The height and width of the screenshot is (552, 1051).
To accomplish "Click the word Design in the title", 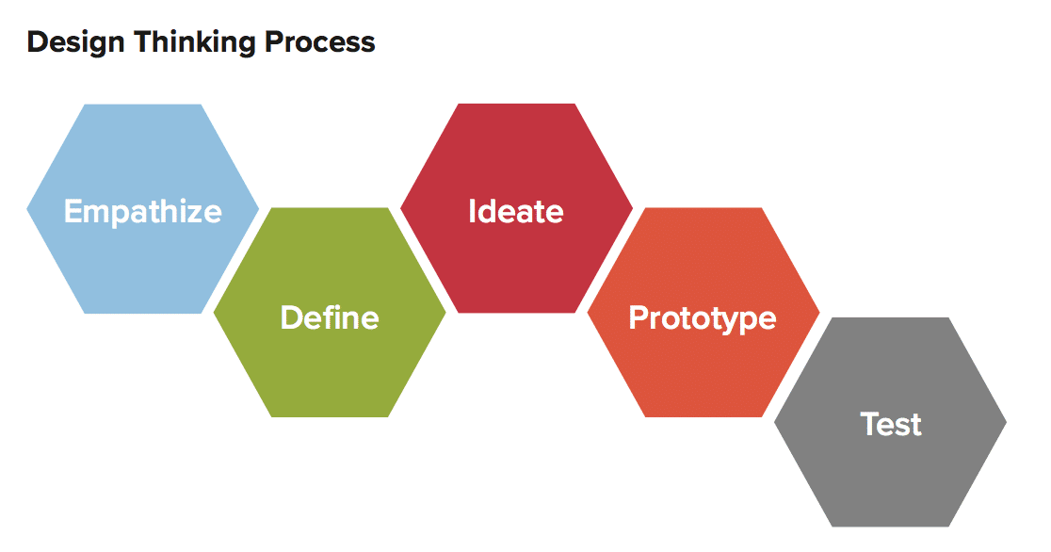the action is (75, 42).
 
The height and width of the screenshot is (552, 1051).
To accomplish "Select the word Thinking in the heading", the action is (194, 42).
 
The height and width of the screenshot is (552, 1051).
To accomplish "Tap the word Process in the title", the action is (319, 41).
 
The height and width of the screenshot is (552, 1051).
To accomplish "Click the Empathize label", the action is (143, 213).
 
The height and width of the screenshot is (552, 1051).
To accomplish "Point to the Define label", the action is (330, 317).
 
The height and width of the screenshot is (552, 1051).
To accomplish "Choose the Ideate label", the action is (516, 211).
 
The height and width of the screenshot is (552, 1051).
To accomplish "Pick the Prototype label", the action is (703, 319).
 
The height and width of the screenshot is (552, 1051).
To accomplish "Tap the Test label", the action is (891, 425).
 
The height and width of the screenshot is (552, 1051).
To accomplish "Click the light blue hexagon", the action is (143, 208).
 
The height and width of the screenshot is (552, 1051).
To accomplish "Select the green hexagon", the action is (330, 313).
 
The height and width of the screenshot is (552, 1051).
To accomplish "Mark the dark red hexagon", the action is (516, 208).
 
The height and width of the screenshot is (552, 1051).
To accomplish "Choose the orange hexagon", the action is (703, 313).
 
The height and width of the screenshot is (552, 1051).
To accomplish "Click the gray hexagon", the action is (890, 422).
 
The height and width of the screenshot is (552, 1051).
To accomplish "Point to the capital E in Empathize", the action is (73, 211).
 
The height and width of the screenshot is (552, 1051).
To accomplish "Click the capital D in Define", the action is (292, 317).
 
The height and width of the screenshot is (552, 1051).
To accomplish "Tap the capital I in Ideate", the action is (472, 211).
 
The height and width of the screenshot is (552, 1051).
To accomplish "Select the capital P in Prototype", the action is (639, 317).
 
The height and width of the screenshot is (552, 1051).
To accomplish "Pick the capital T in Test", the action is (870, 424).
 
